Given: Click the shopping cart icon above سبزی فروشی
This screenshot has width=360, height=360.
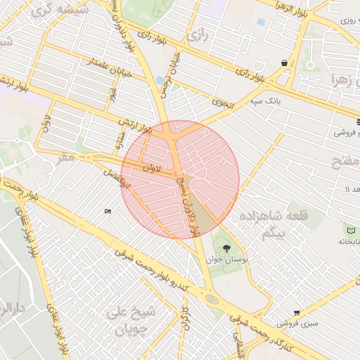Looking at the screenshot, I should pos(297,313).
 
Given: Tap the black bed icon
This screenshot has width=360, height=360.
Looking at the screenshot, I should pos(108,211).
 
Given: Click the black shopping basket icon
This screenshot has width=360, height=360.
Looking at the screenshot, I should pos(284,63).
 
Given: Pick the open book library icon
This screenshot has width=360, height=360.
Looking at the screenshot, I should pos(350,229).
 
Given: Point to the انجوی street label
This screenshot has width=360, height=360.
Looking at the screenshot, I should pos(222,103).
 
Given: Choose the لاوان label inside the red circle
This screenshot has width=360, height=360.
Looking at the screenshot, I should pos(152,169).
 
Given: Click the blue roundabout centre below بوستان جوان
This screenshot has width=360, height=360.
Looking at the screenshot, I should pos(211,299).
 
